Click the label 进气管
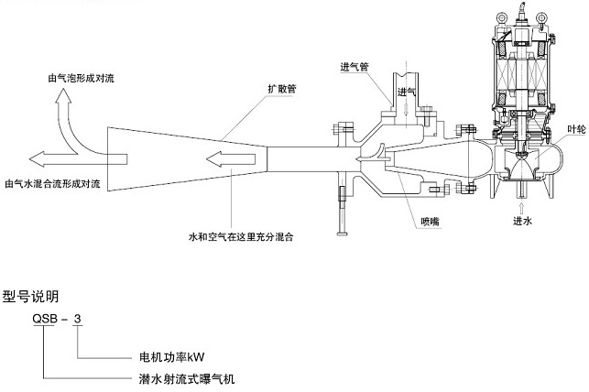click(355, 67)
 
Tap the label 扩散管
click(282, 89)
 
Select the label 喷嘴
click(431, 222)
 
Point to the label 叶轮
click(576, 130)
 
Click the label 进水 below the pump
click(522, 221)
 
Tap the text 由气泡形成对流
click(82, 78)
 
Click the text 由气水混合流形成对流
click(52, 184)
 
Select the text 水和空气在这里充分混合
click(241, 237)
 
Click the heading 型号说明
click(31, 297)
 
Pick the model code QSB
click(45, 319)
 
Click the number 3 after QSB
click(77, 319)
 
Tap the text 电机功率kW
click(171, 356)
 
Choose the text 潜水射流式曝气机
click(187, 379)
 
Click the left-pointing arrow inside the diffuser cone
click(231, 159)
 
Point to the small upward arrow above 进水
click(521, 209)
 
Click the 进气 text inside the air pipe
click(407, 92)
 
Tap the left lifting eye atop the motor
click(502, 16)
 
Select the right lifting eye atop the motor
click(541, 16)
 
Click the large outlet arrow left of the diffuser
click(78, 159)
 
